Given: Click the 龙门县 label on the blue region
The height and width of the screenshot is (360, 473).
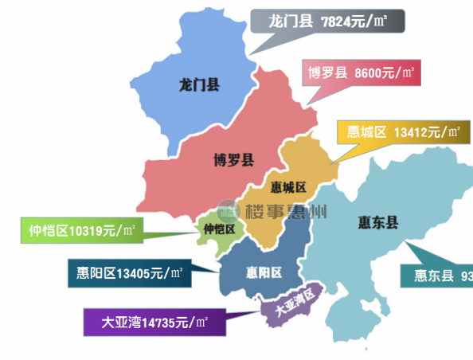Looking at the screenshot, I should pyautogui.click(x=200, y=84).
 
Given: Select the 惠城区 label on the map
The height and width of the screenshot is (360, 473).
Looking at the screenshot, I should pyautogui.click(x=288, y=187).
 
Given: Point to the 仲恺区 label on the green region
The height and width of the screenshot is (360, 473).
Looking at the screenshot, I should pyautogui.click(x=220, y=229).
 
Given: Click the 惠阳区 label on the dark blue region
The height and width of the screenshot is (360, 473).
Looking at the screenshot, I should pyautogui.click(x=264, y=272).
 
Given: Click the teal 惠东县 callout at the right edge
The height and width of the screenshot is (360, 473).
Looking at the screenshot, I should pyautogui.click(x=437, y=277).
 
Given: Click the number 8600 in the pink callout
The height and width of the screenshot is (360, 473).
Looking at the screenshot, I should pyautogui.click(x=368, y=72).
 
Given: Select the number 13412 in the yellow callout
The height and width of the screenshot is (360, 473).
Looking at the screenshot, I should pyautogui.click(x=411, y=131).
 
